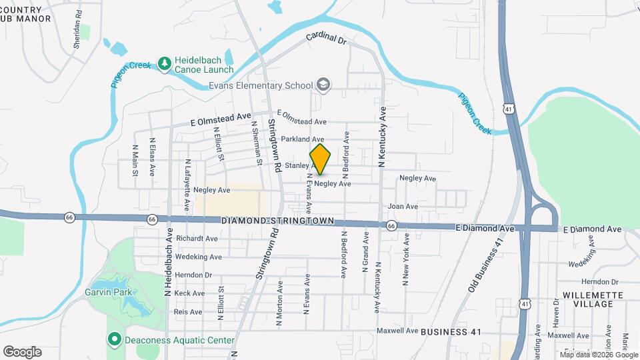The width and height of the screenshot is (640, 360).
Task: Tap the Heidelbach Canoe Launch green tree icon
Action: [165, 64]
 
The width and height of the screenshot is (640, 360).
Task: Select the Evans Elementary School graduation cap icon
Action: [323, 85]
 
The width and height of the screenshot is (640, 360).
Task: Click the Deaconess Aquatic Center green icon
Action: [114, 340]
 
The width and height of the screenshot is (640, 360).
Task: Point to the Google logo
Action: [22, 352]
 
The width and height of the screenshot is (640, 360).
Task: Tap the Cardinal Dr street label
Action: [327, 39]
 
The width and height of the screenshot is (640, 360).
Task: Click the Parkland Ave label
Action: [302, 139]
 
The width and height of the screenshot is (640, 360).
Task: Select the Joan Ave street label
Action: [403, 207]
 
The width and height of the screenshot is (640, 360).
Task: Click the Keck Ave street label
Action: [189, 293]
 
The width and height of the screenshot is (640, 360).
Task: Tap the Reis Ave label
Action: [188, 311]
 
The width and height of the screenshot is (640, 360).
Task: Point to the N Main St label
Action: [135, 161]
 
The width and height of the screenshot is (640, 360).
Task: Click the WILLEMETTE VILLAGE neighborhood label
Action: [587, 299]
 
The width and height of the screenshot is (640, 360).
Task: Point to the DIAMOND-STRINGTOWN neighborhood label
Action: [277, 220]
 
